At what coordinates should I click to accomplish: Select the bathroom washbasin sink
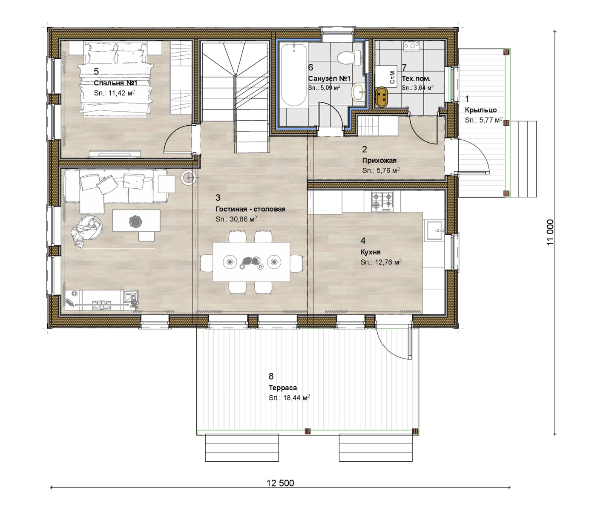(358, 92)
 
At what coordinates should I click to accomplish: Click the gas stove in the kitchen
(382, 201)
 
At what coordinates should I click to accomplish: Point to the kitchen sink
(434, 230)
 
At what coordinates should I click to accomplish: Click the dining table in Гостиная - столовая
(251, 262)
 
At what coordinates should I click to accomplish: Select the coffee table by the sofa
(136, 221)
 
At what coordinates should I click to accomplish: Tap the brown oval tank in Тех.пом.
(382, 98)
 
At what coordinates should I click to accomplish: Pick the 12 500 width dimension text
(280, 483)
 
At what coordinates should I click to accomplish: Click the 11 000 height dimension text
(550, 232)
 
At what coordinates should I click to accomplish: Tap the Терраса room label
(283, 388)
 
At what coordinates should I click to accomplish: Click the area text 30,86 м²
(243, 219)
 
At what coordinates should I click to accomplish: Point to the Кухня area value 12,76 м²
(388, 262)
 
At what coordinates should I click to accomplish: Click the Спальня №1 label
(116, 83)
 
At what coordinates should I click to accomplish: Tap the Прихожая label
(379, 161)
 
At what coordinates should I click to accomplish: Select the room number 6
(311, 67)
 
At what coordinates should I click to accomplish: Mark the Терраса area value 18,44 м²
(296, 398)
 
